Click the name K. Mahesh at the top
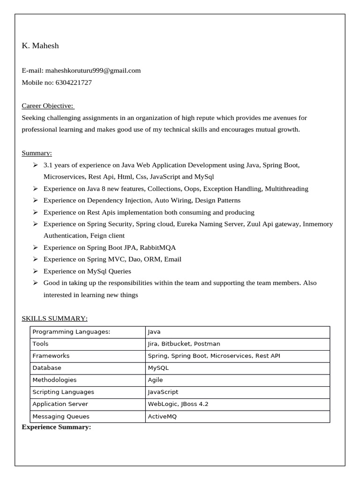point(40,45)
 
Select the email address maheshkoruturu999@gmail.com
point(93,70)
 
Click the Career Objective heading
point(48,106)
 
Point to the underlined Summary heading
point(37,153)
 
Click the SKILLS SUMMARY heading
point(54,319)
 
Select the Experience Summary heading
point(56,427)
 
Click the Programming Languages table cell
point(71,332)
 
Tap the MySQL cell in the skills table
point(158,368)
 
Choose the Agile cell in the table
point(155,380)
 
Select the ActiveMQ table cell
point(162,416)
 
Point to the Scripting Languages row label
point(63,392)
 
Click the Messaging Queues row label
point(61,416)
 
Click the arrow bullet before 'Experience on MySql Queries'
point(35,271)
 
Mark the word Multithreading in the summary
point(286,188)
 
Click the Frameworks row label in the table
point(51,356)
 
